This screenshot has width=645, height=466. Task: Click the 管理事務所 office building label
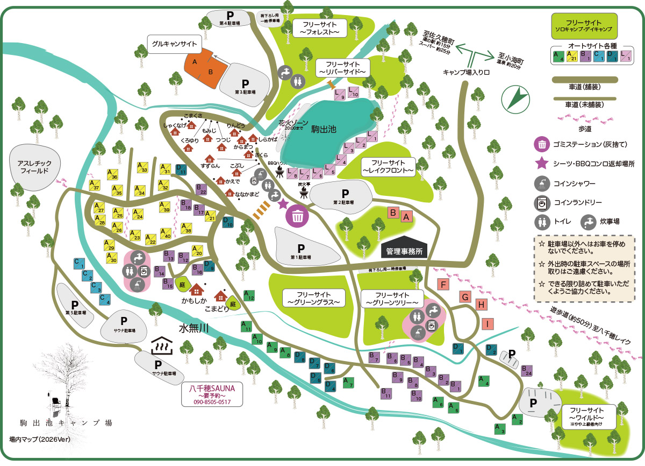coord(404,251)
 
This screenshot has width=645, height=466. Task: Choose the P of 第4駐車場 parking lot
coord(230,15)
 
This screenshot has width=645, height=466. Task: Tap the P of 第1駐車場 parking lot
coord(301,248)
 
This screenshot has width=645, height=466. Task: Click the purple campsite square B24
coord(527,371)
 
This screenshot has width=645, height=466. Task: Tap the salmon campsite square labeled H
coord(482,305)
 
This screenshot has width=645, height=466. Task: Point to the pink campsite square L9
coord(340,95)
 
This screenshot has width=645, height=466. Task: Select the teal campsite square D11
coord(181,170)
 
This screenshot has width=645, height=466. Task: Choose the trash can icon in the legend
coord(543,144)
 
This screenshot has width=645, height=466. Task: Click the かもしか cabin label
coord(193,300)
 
